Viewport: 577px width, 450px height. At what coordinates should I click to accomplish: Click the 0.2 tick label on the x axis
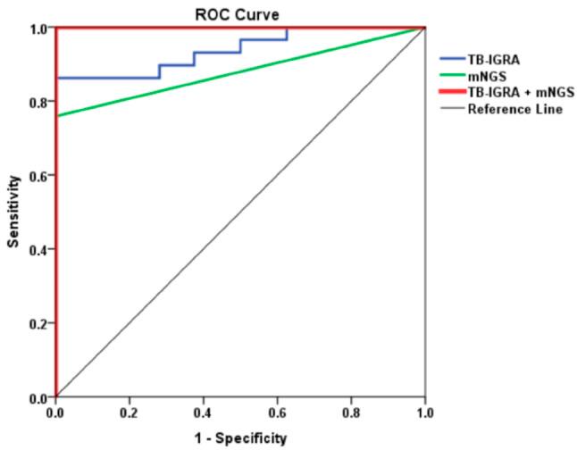tap(130, 414)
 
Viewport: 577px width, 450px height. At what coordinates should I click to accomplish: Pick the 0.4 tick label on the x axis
tap(204, 414)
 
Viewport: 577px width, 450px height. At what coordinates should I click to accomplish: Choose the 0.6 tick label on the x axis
tap(277, 414)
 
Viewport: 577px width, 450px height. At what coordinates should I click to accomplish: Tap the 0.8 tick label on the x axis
tap(351, 414)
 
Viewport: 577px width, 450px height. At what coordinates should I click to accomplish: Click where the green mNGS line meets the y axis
tap(56, 116)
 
